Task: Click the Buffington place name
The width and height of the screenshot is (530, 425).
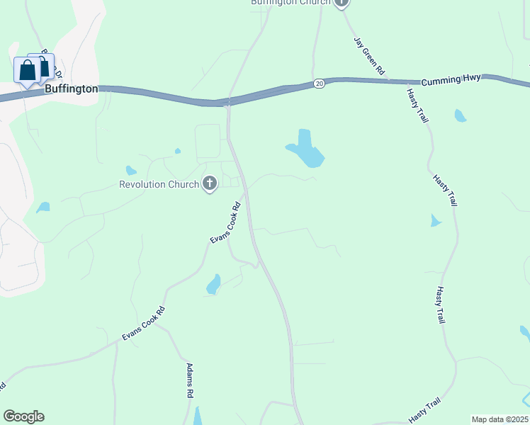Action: pos(71,89)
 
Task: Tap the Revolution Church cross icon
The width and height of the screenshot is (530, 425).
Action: pos(209,185)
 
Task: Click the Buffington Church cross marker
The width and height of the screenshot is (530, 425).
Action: pos(342,2)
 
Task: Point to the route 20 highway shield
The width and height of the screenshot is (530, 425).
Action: pos(320,84)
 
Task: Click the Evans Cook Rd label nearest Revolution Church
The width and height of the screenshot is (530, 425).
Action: pos(226,224)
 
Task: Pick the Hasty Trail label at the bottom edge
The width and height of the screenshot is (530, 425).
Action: pos(425,409)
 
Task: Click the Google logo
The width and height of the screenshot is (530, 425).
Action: pos(23,416)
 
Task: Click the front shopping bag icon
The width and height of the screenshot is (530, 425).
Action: pos(27,71)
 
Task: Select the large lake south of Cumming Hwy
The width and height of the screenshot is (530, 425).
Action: pos(307,149)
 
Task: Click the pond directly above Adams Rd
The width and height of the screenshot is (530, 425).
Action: pos(213,285)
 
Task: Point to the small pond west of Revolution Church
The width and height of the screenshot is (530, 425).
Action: pos(130,170)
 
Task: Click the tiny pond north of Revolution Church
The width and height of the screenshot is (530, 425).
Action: pos(177,151)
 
